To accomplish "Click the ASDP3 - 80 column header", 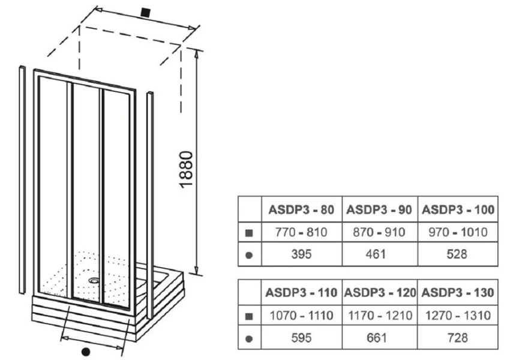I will coord(301,209).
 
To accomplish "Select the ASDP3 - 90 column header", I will coord(380,209).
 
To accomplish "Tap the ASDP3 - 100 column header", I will coord(458,209).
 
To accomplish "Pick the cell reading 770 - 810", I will coord(301,232).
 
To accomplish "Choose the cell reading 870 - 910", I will coord(380,232).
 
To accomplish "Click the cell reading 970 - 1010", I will coord(458,232).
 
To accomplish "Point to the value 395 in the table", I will coord(301,254).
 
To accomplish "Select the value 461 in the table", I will coord(380,254).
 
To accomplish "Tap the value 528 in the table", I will coord(458,254).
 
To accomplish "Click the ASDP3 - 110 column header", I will coord(301,293).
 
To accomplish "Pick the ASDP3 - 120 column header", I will coord(380,293).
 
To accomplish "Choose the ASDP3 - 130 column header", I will coord(458,293).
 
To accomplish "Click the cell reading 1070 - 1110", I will coord(301,315).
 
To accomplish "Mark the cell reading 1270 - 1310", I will coord(458,315).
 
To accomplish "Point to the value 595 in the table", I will coord(301,337).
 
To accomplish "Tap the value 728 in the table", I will coord(458,337).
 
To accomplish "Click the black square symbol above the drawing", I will coord(144,11).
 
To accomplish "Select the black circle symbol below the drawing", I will coord(85,351).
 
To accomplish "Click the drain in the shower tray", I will coord(94,278).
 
